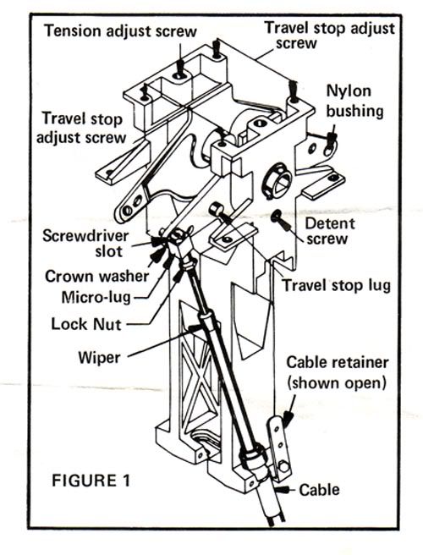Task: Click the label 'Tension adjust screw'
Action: point(120,32)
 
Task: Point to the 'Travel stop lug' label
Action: point(337,286)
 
